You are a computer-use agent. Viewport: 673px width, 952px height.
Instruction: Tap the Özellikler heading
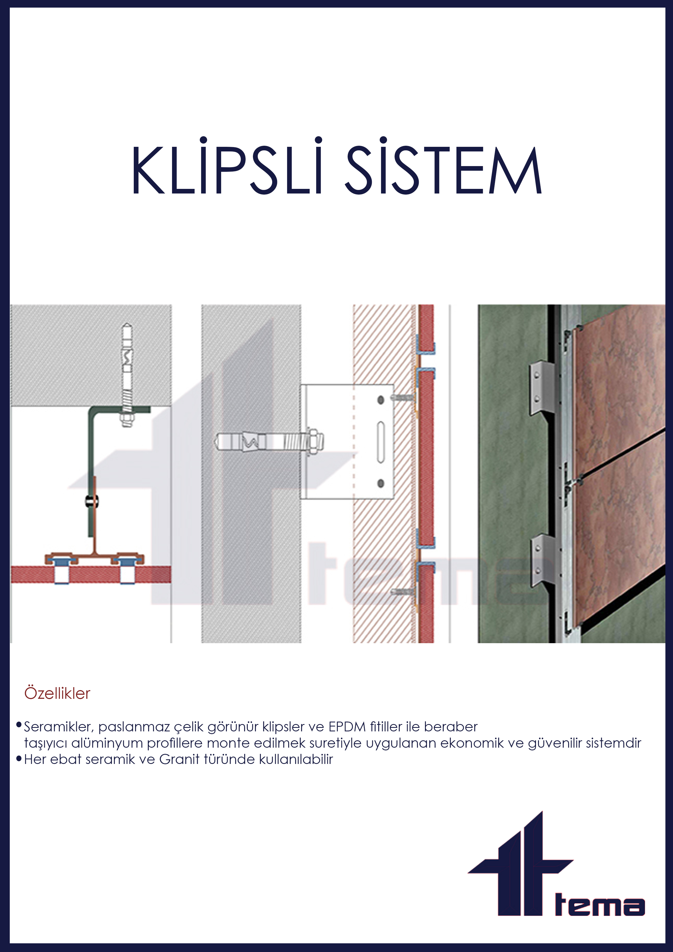[x=57, y=693]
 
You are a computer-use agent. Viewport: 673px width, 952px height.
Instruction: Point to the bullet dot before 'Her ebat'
[x=19, y=758]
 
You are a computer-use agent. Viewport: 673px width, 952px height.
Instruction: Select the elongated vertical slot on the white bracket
[x=380, y=442]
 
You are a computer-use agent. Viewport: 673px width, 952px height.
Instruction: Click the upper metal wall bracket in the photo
[x=541, y=388]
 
